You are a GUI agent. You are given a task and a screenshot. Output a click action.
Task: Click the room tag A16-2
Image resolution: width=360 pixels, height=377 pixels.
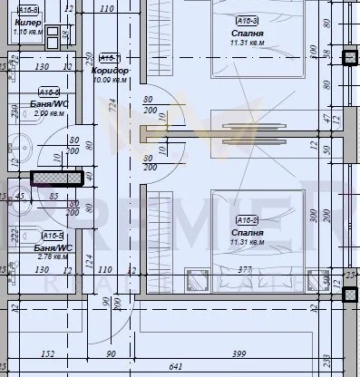247,219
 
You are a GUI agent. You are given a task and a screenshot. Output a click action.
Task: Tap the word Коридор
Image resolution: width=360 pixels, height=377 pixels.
111,70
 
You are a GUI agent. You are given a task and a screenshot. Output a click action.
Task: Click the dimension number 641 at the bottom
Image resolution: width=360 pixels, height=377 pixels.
175,367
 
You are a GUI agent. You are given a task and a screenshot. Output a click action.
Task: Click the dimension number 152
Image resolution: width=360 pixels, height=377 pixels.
48,353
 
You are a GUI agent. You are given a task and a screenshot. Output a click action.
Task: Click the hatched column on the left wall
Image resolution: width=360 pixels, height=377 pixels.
56,179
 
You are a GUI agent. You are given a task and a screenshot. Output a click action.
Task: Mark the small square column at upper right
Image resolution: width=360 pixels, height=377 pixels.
350,58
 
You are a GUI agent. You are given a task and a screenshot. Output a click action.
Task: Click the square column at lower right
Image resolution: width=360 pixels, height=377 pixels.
350,293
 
